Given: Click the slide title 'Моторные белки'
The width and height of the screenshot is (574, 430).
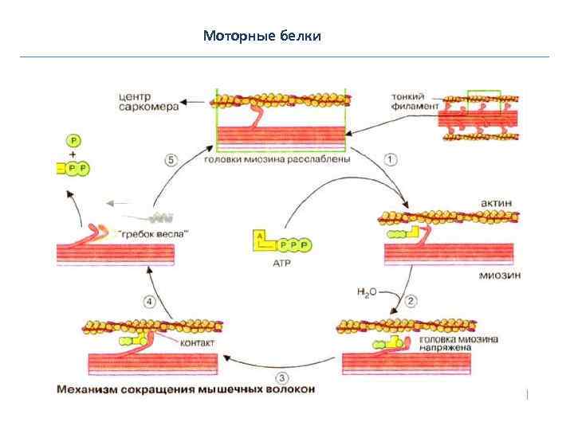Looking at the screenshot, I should (261, 36).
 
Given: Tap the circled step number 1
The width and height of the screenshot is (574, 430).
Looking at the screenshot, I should (390, 159).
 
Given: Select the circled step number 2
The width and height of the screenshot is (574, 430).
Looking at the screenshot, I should (411, 301).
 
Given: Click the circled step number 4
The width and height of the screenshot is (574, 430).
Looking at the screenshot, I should (149, 301).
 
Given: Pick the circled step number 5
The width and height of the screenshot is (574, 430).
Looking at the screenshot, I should (171, 159).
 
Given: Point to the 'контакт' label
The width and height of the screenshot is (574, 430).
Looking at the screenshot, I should (199, 343).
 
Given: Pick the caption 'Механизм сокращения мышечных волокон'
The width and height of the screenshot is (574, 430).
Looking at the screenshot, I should (186, 389).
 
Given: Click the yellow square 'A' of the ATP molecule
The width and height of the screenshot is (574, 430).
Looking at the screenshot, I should (259, 236).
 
